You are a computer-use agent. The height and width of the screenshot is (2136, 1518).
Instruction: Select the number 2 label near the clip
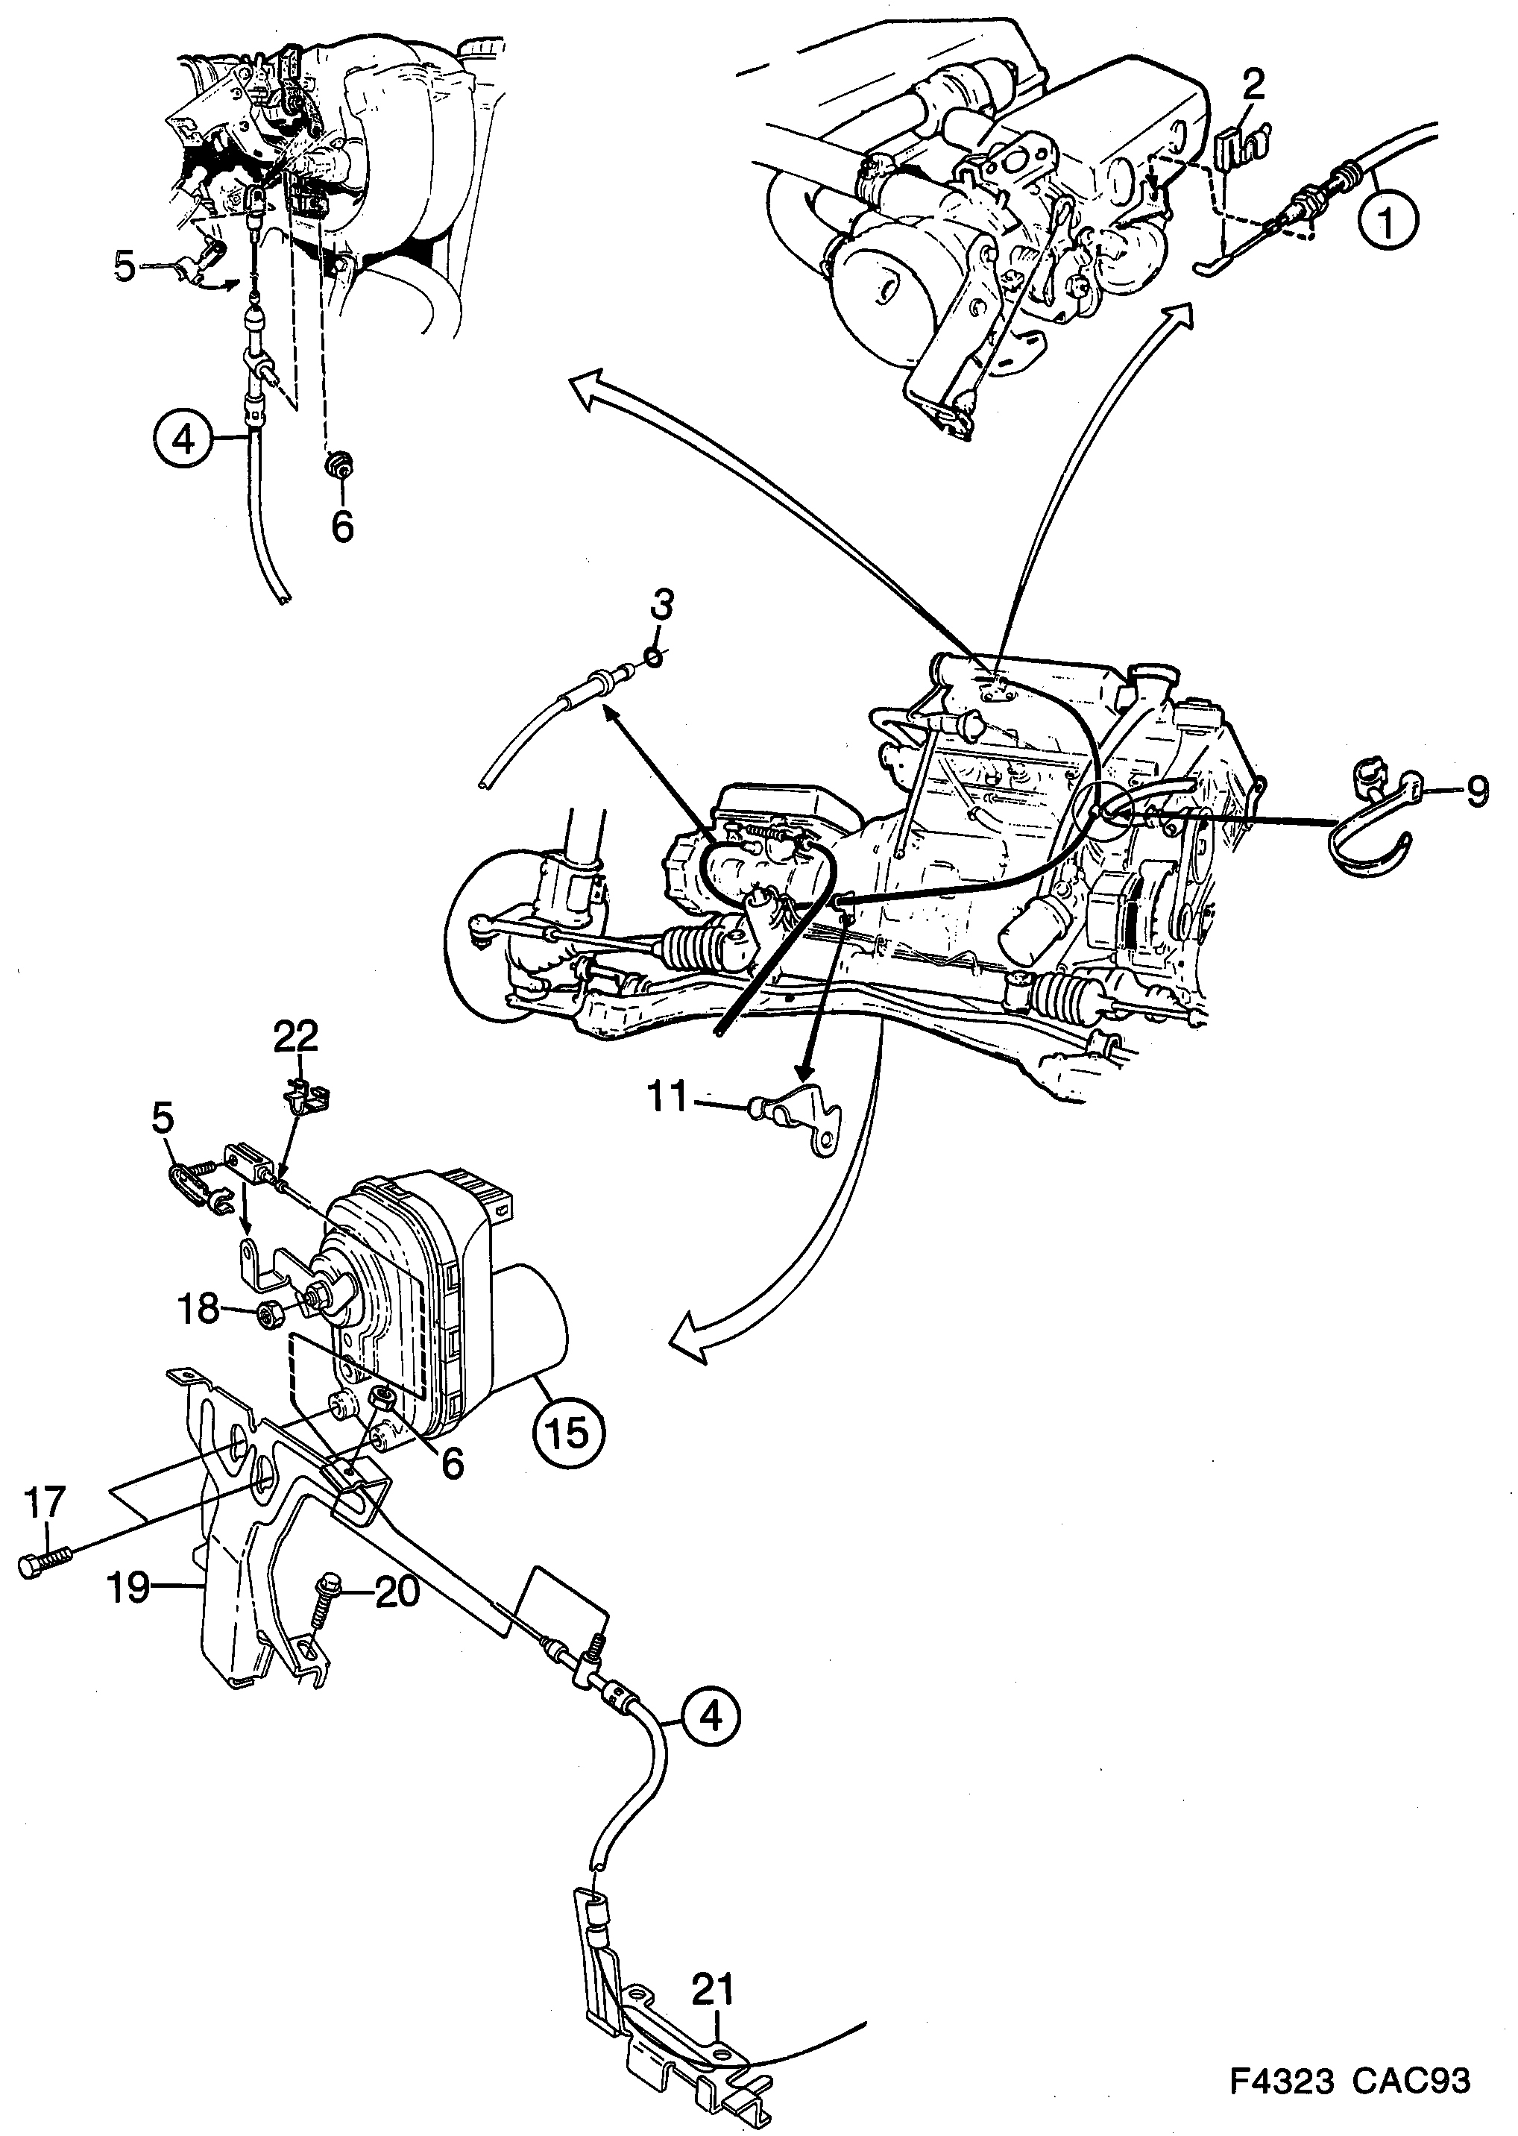pos(1253,86)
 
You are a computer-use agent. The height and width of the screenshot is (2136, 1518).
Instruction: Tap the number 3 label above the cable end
pos(661,605)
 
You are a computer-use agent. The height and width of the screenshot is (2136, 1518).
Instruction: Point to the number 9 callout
pos(1476,793)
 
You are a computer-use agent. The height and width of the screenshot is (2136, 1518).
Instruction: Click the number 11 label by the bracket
pos(668,1096)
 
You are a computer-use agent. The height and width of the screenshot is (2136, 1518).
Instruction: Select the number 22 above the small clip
pos(295,1036)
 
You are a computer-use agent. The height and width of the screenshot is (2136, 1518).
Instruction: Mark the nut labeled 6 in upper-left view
pos(340,465)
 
